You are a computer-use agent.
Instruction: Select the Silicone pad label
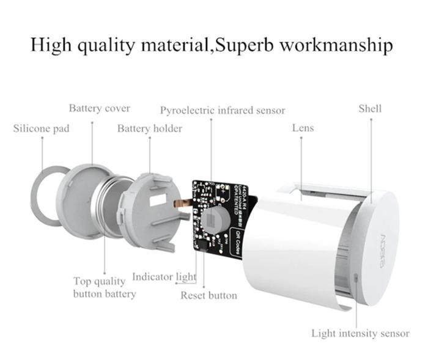point(42,129)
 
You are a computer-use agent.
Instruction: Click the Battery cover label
point(99,109)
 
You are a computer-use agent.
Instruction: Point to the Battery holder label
point(150,129)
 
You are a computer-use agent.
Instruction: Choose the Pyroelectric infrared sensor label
point(223,111)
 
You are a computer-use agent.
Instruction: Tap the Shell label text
point(370,109)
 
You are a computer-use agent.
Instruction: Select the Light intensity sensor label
point(360,333)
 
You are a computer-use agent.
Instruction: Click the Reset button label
point(208,296)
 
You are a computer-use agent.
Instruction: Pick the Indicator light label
point(164,277)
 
